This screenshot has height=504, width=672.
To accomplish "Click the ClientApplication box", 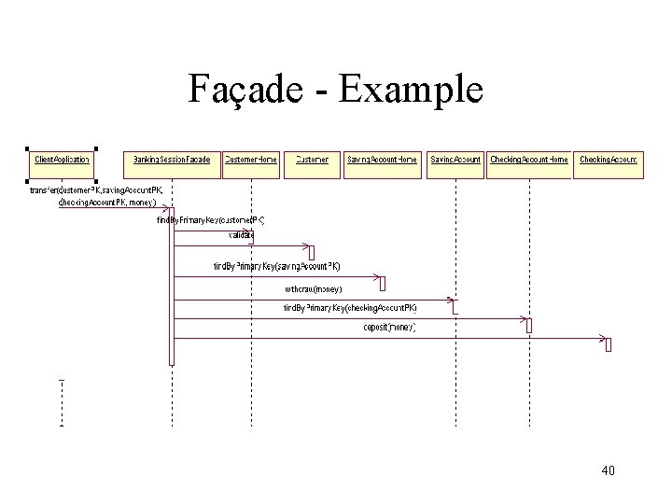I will pos(62,160).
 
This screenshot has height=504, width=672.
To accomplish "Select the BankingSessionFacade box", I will pos(172,160).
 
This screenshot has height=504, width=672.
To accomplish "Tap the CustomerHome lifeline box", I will pos(251,160).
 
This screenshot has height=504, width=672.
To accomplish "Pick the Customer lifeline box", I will pos(312,160).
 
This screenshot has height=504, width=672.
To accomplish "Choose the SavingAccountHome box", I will pos(382,160).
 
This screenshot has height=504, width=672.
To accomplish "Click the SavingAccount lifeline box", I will pos(455,160).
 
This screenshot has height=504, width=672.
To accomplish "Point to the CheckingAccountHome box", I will pos(528,160).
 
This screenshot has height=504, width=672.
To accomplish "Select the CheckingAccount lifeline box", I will pos(608,160).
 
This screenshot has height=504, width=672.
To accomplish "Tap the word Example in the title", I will pos(410,91).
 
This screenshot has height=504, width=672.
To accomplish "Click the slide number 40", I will pos(608,470).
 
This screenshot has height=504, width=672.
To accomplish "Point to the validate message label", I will pos(241,234).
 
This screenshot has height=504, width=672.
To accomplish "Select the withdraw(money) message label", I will pos(313,289).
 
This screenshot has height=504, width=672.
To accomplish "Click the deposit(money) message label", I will pos(390,327).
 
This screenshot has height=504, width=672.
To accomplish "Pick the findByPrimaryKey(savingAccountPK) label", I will pos(276,266).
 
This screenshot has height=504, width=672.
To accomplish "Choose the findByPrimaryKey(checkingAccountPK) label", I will pos(350,307).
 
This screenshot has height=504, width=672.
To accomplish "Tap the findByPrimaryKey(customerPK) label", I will pos(212,220).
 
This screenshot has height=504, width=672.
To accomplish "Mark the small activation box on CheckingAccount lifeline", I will pos(608,345).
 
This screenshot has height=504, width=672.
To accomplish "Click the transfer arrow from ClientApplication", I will pos(112,208).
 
